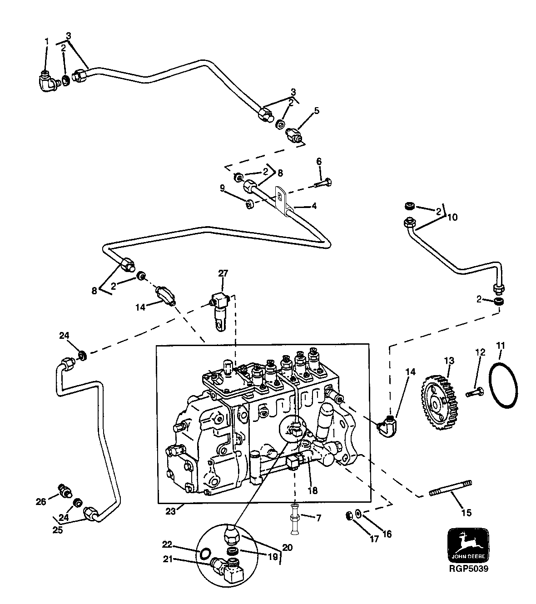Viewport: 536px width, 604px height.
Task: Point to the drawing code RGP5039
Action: click(x=468, y=568)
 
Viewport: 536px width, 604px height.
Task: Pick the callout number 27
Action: click(x=223, y=273)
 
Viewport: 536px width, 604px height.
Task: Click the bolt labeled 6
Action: click(x=323, y=183)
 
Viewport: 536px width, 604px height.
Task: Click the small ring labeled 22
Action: click(x=205, y=553)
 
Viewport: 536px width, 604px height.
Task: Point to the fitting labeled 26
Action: click(x=65, y=490)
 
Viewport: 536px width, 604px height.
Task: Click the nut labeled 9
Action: click(x=249, y=205)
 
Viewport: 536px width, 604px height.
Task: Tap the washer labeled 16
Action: click(x=358, y=514)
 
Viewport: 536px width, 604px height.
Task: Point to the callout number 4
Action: click(x=313, y=206)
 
